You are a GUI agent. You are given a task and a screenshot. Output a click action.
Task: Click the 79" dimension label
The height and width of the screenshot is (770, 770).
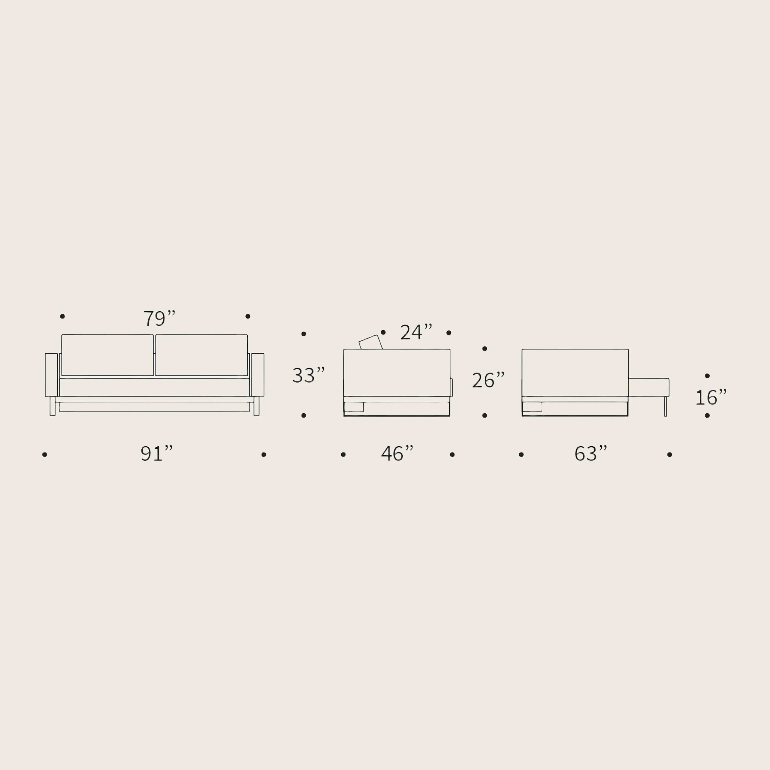tap(159, 318)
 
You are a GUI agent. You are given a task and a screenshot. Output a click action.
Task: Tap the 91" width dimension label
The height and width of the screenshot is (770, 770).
tap(157, 454)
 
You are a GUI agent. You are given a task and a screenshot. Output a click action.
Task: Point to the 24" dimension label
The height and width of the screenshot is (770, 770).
tap(416, 332)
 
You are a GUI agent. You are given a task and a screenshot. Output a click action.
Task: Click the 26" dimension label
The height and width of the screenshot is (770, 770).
tap(488, 380)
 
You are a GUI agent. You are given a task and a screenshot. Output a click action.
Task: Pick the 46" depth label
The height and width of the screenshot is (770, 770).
tap(397, 454)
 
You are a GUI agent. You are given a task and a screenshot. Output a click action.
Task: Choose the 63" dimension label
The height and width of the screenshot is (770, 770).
tap(591, 454)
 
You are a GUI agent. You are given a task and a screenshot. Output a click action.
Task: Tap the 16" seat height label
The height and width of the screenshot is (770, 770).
tap(711, 397)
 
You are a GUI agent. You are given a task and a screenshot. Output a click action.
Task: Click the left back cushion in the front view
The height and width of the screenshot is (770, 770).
tap(108, 355)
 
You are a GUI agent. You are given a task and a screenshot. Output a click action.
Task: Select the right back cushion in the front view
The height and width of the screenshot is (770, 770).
tap(202, 355)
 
